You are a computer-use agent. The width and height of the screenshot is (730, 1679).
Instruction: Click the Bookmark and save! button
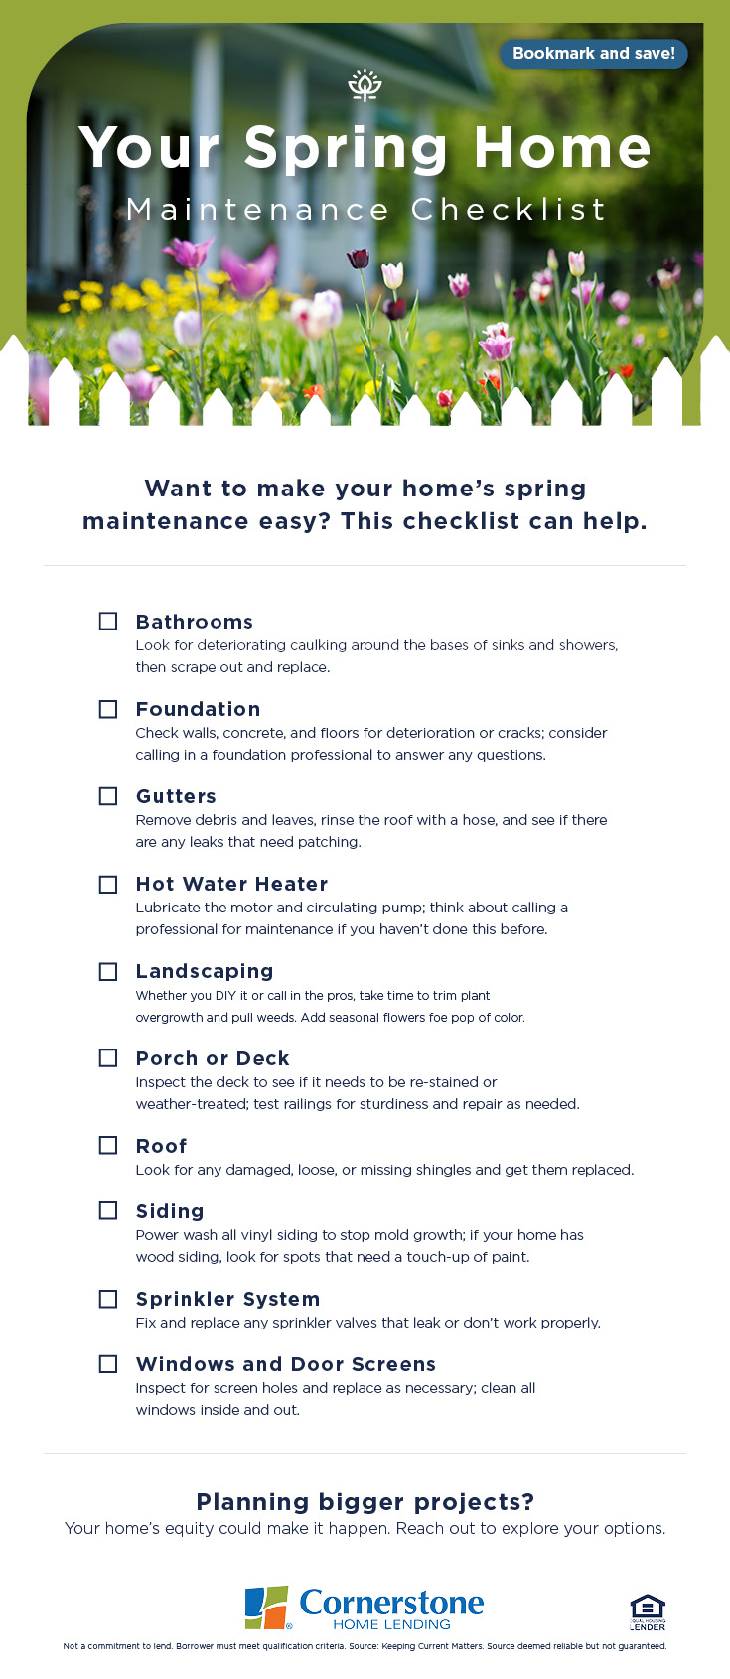[593, 54]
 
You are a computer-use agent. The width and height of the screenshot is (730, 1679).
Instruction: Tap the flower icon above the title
[365, 86]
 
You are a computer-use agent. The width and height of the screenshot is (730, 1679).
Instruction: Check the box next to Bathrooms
[108, 622]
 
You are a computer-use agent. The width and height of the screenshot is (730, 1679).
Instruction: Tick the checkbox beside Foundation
[108, 709]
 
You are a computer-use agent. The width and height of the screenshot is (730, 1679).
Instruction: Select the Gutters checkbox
[108, 796]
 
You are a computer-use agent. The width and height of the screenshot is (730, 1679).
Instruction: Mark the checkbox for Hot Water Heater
[108, 884]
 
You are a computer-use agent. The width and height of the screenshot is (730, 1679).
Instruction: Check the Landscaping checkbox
[108, 971]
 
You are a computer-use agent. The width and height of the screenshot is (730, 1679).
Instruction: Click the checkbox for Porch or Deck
[108, 1058]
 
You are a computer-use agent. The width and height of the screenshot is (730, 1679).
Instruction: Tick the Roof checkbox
[108, 1146]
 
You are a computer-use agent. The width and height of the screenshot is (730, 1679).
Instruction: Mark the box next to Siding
[108, 1211]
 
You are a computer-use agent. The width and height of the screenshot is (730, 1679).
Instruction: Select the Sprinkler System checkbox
[108, 1299]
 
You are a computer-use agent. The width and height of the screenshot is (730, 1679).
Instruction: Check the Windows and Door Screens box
[108, 1364]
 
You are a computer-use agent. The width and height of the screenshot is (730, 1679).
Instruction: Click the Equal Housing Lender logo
[648, 1611]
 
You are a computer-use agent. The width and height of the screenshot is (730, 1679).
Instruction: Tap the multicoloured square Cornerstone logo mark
[266, 1608]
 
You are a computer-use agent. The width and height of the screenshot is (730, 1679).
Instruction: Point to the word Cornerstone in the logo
[391, 1602]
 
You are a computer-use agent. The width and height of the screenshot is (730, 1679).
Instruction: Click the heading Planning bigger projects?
[365, 1501]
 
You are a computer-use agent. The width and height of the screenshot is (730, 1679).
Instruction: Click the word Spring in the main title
[346, 148]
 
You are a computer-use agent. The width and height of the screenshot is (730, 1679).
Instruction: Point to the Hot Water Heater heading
[231, 884]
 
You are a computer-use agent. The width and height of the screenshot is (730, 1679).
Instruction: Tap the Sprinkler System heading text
[227, 1299]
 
